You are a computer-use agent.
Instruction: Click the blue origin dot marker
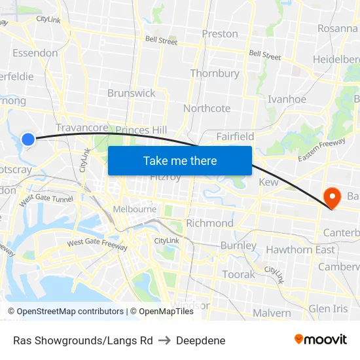point(28,139)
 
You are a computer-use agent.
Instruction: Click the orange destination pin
point(333,197)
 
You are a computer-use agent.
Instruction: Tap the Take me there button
point(180,160)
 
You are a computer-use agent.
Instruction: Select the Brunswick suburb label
point(132,93)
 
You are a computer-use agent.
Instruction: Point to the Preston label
point(220,33)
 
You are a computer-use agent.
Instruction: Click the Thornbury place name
point(214,73)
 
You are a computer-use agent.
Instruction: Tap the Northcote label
point(207,108)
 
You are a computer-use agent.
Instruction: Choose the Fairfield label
point(235,136)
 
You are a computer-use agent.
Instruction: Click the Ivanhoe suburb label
point(287,99)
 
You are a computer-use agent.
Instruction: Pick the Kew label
point(268,182)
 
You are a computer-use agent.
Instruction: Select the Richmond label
point(209,223)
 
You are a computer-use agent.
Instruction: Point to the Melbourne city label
point(135,209)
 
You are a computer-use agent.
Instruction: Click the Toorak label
point(238,274)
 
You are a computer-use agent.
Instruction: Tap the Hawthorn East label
point(300,249)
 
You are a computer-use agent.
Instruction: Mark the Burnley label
point(238,245)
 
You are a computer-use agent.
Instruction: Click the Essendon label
point(35,53)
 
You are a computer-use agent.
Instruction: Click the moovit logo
point(320,339)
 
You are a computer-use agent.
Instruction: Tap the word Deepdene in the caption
point(201,340)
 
